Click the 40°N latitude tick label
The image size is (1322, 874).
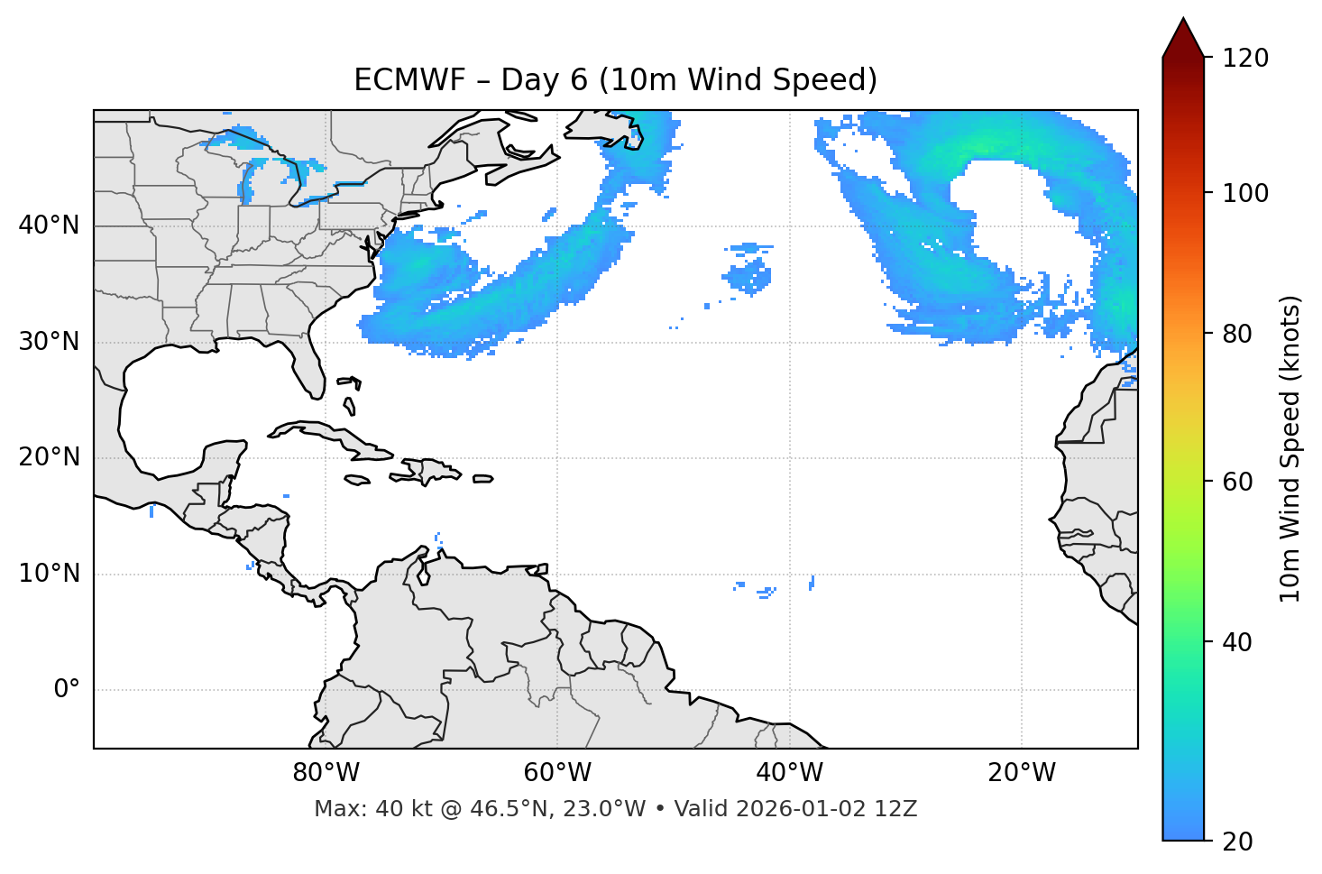tap(49, 225)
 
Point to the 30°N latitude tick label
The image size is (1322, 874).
tap(49, 342)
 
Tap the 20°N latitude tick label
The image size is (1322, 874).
tap(49, 457)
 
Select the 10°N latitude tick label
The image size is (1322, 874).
tap(49, 574)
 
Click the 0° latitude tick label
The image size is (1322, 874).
tap(67, 690)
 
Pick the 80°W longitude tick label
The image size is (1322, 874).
tap(326, 773)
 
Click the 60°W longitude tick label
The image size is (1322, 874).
tap(557, 773)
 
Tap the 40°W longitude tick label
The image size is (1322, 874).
tap(789, 773)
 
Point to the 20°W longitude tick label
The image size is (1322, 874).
tap(1021, 773)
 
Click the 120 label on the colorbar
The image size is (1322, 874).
tap(1245, 59)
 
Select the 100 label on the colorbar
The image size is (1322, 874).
tap(1245, 193)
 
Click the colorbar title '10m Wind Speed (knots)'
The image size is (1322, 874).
tap(1290, 448)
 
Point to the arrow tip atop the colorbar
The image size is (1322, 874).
tap(1183, 20)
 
